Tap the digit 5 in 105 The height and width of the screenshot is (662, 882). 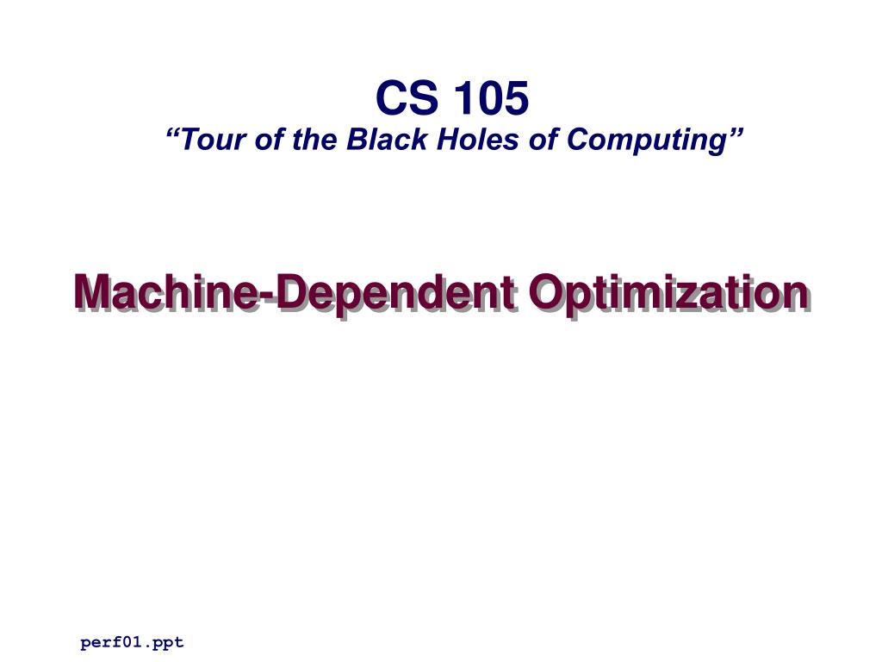pyautogui.click(x=515, y=98)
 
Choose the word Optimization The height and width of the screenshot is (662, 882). pyautogui.click(x=668, y=293)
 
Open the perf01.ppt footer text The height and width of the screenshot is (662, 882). pyautogui.click(x=132, y=642)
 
